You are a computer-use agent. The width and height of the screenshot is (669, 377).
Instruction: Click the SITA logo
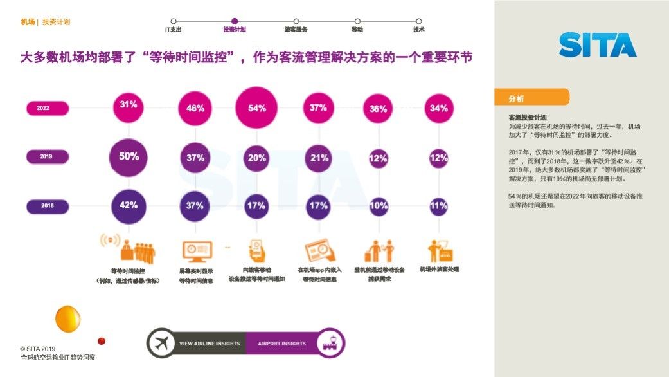click(597, 44)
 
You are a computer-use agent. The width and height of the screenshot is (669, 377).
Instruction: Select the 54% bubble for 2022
click(257, 108)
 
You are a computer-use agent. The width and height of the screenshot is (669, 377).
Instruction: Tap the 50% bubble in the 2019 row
click(129, 157)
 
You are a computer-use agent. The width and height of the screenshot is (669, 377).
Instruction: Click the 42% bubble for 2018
click(129, 206)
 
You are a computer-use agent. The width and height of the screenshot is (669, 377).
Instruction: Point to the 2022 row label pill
click(47, 108)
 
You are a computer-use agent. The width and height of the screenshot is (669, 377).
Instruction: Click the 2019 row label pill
click(47, 156)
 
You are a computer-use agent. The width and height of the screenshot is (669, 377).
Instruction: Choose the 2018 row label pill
click(47, 206)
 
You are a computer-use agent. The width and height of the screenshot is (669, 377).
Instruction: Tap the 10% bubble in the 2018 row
click(379, 206)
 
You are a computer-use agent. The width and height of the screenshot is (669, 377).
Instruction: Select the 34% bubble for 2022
click(439, 108)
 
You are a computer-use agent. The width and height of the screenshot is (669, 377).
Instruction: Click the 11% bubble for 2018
click(439, 206)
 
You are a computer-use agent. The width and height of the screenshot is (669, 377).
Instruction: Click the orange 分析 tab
click(531, 98)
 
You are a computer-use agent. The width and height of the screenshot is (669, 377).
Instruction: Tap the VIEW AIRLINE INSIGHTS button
click(209, 344)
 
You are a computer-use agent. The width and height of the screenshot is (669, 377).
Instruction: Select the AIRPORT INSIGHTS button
click(283, 344)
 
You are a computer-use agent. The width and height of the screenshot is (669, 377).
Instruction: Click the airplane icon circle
click(162, 344)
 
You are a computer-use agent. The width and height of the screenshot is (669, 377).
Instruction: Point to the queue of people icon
click(136, 250)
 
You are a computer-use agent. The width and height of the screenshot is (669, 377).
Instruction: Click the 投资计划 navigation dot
click(235, 21)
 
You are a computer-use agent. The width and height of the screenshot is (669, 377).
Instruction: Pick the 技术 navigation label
click(418, 30)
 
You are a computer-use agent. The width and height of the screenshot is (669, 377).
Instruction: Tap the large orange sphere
click(67, 318)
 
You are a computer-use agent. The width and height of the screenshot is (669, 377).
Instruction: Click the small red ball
click(101, 341)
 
